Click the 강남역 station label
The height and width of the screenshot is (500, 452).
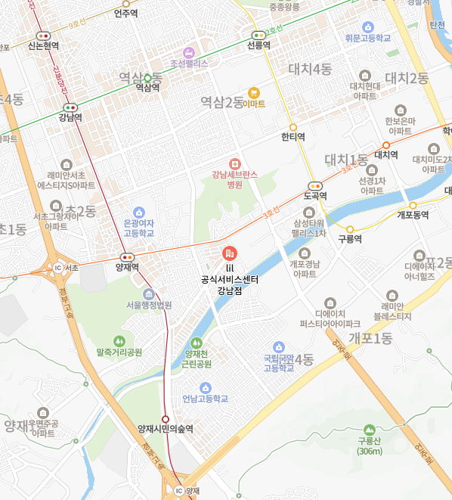tap(70, 117)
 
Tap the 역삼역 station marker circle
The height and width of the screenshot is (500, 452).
tap(147, 77)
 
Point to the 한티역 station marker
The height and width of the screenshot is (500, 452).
tap(293, 126)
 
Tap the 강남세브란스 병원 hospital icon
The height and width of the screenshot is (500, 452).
tap(234, 163)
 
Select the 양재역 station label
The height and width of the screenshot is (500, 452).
tap(127, 267)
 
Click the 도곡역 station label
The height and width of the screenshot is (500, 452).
tap(314, 196)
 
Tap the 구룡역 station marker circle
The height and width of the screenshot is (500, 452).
tap(350, 228)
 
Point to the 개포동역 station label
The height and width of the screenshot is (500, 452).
tap(413, 215)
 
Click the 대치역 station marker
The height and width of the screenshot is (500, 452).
tap(385, 144)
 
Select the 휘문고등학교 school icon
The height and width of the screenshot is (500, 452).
tap(367, 26)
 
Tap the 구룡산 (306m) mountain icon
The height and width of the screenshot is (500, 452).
tap(370, 429)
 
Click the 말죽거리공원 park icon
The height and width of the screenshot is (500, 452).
tap(119, 341)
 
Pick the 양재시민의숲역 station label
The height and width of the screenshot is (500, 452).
tap(165, 428)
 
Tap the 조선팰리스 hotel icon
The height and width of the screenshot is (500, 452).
tap(189, 53)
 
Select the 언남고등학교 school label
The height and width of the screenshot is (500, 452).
tap(205, 399)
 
